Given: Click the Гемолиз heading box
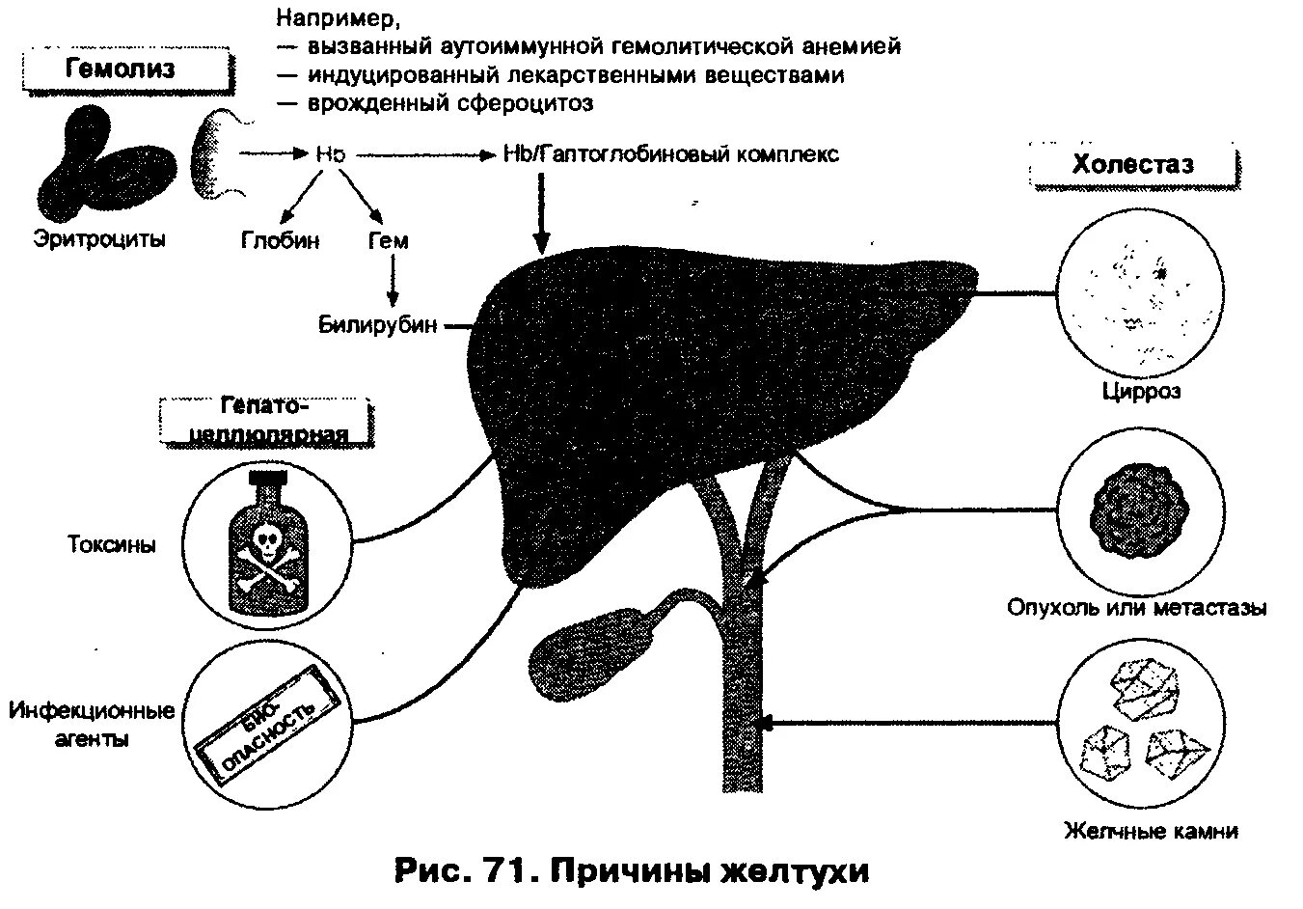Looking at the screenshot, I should tap(121, 70).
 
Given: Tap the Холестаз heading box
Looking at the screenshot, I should tap(1132, 164).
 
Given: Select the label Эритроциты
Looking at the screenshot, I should tap(99, 237).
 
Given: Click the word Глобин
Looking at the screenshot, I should tap(280, 240).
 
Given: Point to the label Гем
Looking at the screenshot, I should tap(389, 240).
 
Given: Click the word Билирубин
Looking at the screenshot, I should tap(378, 325).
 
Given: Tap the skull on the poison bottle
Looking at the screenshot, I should tap(265, 537).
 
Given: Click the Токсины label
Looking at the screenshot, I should tap(112, 544).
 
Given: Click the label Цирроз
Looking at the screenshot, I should tap(1141, 393).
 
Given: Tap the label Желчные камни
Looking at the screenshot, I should tap(1151, 831).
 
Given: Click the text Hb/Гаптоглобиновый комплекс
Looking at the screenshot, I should tap(671, 154).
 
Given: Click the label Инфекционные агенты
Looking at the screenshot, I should tap(93, 726).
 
